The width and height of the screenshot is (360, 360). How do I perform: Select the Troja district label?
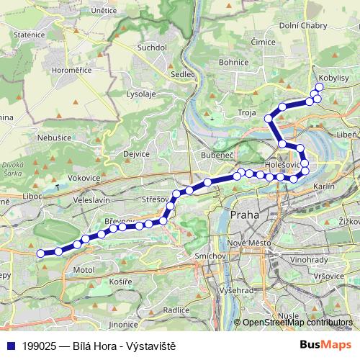pos(248,112)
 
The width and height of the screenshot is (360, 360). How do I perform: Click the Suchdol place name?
pos(152,48)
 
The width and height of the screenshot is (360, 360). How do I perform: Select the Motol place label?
pos(84,270)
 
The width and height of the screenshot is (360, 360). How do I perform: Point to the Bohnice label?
pos(233,63)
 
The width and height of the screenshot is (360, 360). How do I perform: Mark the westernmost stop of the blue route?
pos(40,253)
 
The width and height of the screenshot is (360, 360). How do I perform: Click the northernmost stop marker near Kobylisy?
pos(319,87)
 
